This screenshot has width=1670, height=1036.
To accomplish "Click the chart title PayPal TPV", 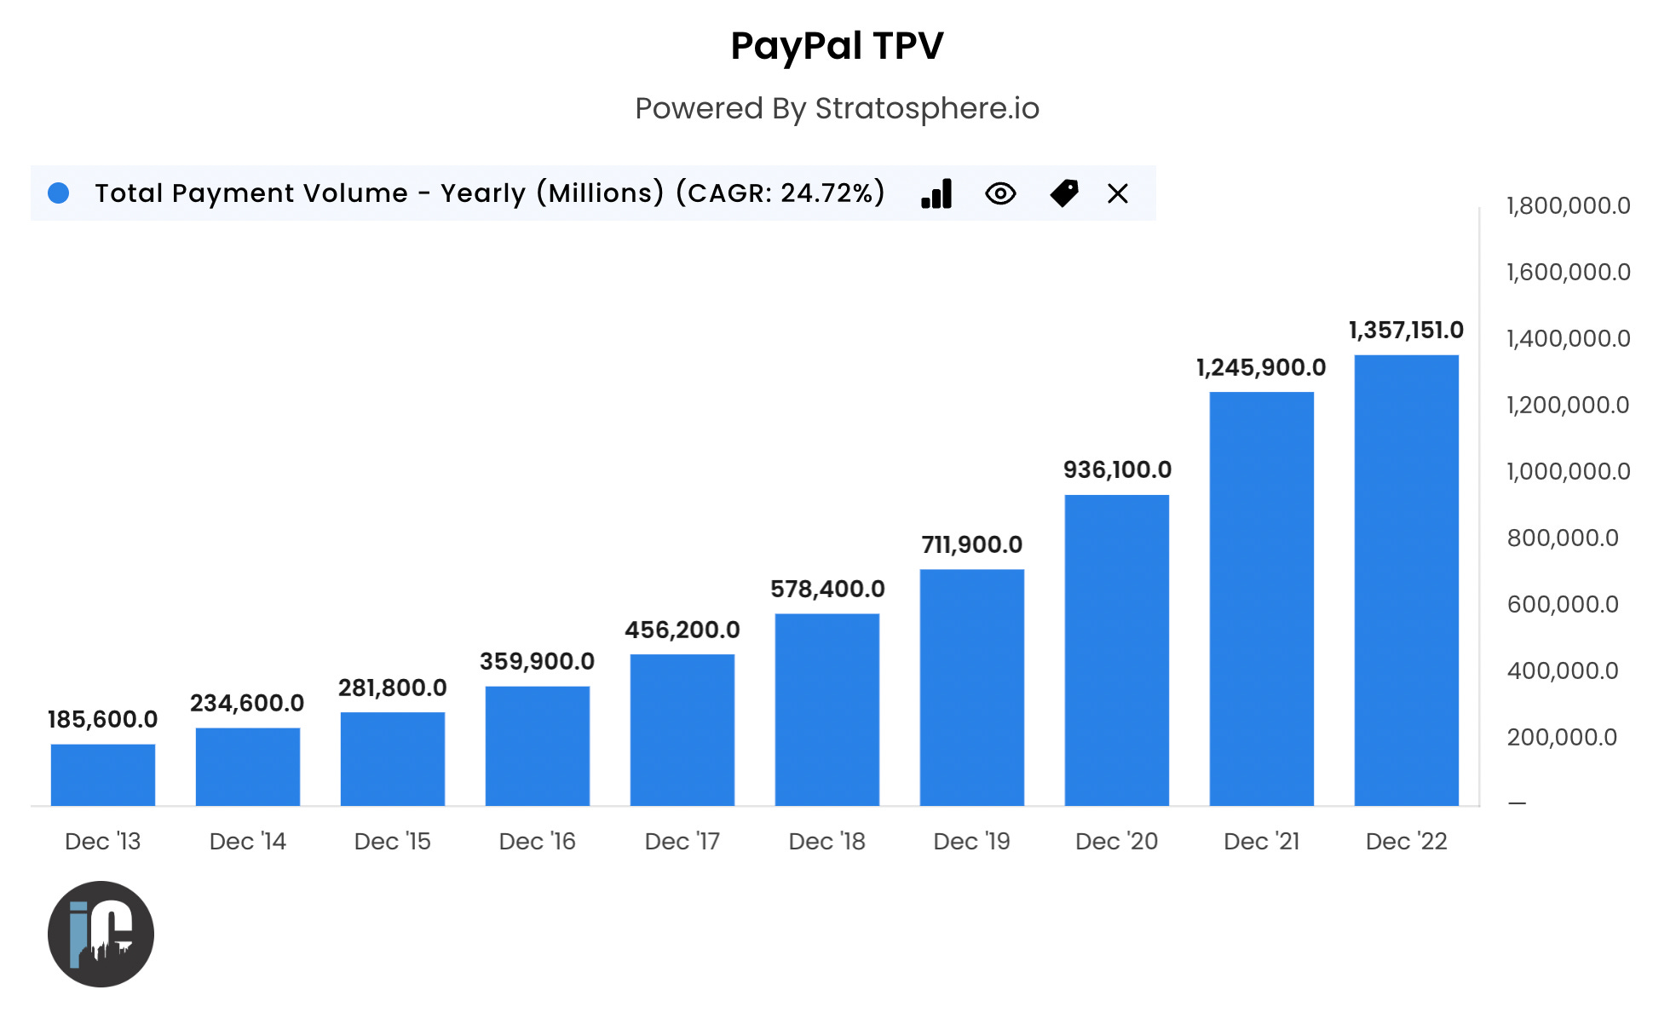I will [837, 46].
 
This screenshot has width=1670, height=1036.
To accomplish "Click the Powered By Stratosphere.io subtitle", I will [837, 109].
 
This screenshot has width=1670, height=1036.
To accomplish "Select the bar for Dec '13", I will [103, 774].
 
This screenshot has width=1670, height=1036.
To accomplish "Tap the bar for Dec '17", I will [682, 729].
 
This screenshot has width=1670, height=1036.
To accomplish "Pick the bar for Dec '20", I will [1117, 650].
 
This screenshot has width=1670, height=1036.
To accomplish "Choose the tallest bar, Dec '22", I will [1407, 580].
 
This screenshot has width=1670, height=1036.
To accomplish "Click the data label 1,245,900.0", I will [1261, 368].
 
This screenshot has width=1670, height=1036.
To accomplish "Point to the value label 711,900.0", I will [971, 545].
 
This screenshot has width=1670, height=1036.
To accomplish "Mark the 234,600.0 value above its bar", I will [247, 704].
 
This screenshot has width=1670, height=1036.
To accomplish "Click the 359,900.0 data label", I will [537, 662].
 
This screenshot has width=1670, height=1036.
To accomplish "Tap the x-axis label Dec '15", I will [393, 842].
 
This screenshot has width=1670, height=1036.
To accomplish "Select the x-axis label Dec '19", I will [971, 842].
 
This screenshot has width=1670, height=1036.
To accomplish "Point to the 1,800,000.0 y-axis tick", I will [1568, 206].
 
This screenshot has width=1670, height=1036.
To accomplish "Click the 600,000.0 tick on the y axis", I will [1563, 605].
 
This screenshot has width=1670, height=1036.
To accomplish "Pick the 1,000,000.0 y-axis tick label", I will [1568, 472].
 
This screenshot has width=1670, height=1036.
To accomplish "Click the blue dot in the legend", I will [59, 193].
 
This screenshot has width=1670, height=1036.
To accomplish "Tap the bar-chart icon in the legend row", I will [936, 194].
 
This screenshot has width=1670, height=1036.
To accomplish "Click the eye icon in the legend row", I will [1000, 194].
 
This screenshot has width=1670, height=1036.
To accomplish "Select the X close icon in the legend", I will [1118, 194].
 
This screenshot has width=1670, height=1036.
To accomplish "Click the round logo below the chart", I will [101, 935].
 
